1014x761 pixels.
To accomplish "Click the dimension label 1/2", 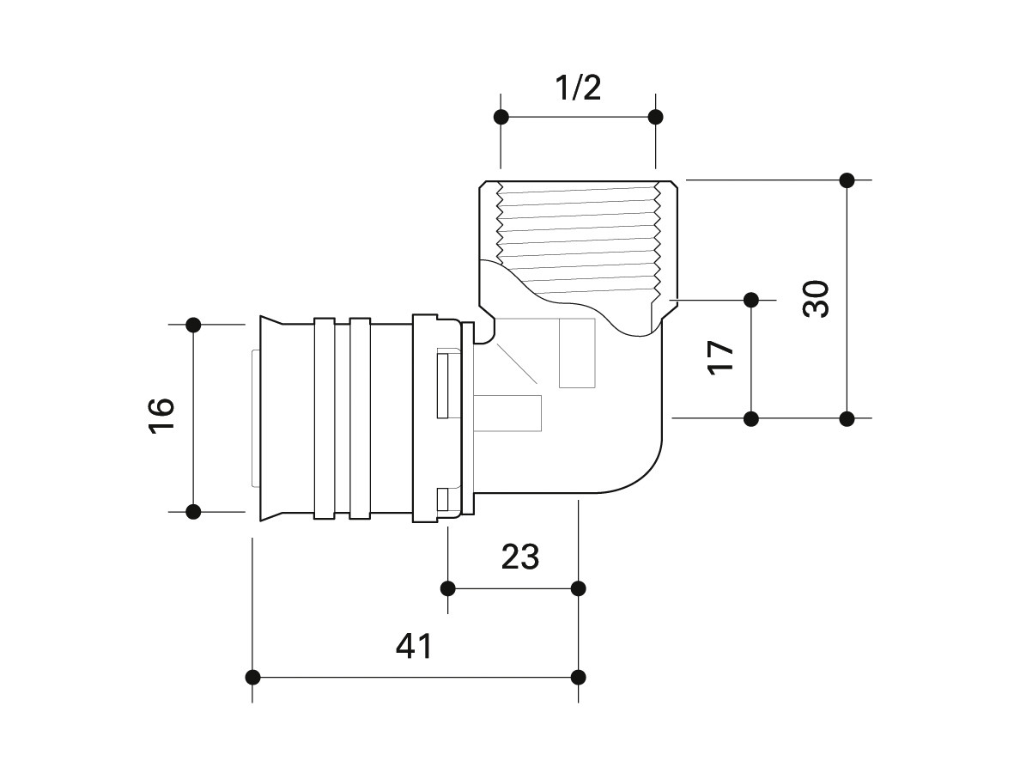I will (577, 88).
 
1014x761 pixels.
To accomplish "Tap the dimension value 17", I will (721, 355).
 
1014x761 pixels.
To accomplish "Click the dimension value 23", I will (519, 557).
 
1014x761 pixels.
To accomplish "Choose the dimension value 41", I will (414, 646).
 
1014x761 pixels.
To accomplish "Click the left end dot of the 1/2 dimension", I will (502, 117).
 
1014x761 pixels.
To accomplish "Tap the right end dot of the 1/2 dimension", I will (655, 117).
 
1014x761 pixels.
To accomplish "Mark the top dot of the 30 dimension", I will (847, 180).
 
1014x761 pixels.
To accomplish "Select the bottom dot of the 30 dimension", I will (847, 419).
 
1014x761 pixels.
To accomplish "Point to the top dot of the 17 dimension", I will (751, 300).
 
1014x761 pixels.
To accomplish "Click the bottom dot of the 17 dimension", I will (751, 419).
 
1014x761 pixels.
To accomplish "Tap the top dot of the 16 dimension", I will (193, 325).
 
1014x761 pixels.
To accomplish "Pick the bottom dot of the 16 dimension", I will (193, 512).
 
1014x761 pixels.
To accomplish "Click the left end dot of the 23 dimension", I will (447, 588).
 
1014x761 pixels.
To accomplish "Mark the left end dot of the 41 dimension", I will (253, 677).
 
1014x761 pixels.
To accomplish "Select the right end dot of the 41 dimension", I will (579, 677).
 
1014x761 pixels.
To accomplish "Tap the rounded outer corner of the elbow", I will (645, 476).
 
